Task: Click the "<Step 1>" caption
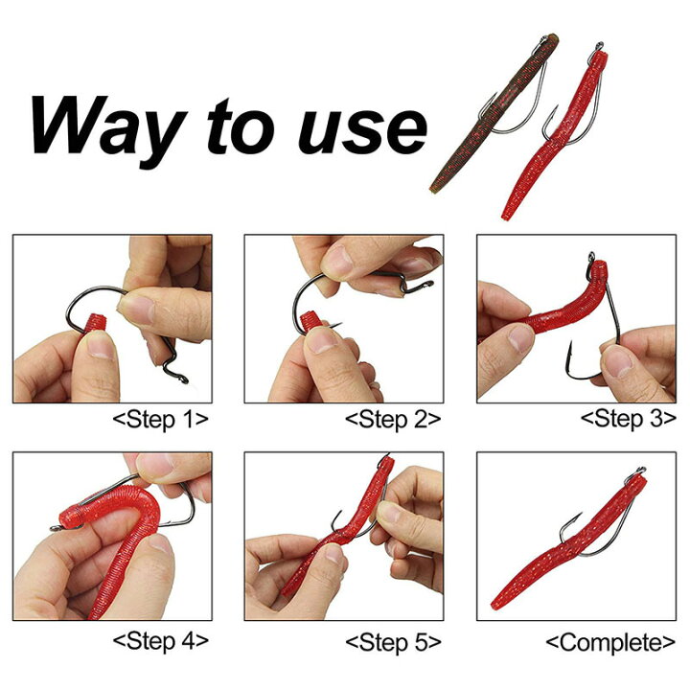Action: (161, 420)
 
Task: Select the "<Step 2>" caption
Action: (393, 420)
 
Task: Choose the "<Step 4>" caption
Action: (161, 641)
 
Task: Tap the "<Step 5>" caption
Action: (393, 642)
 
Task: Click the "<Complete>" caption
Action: (610, 642)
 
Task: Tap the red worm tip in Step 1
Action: (95, 323)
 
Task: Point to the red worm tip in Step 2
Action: (311, 320)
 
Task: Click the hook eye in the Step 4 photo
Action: (55, 528)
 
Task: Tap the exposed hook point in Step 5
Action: (339, 513)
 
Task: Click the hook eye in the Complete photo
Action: (641, 470)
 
